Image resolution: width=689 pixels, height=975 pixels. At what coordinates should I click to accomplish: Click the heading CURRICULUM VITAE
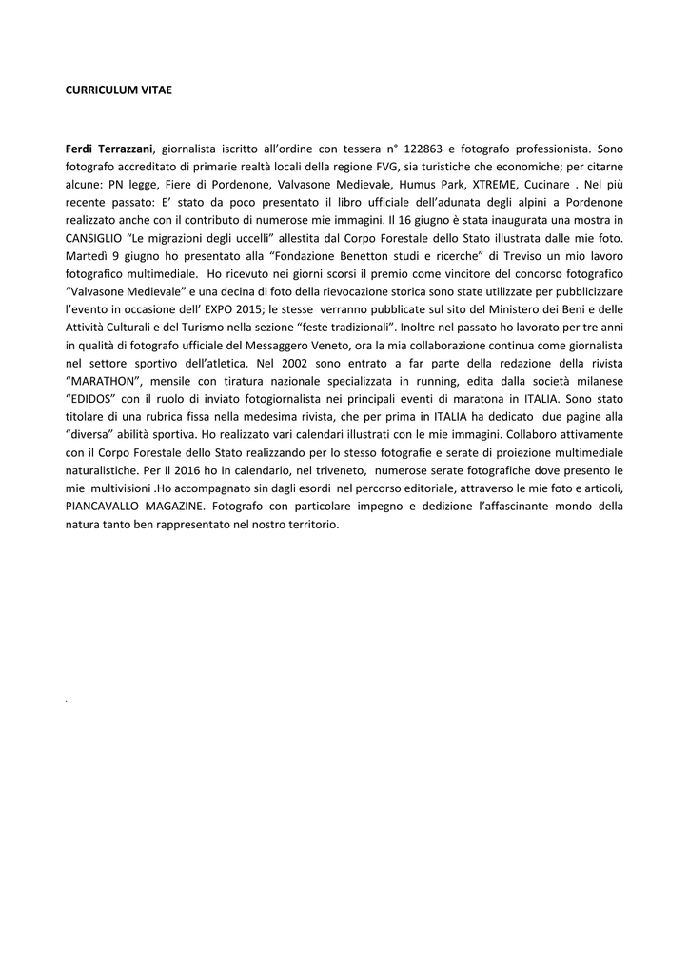(x=118, y=90)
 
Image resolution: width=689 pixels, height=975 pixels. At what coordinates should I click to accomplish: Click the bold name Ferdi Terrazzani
(x=109, y=149)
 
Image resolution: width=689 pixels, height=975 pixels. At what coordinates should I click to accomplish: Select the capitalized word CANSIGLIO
(x=98, y=238)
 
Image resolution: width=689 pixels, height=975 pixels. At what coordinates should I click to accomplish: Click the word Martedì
(x=87, y=256)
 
